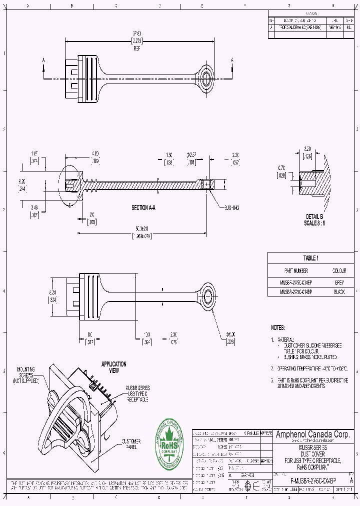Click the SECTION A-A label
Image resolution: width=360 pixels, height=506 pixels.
(x=143, y=207)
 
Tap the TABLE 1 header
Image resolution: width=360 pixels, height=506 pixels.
(x=310, y=258)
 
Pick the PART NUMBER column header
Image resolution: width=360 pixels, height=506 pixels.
(x=296, y=271)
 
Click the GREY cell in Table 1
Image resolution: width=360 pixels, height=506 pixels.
(x=339, y=282)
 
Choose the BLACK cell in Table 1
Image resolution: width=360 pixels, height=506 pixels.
(x=339, y=291)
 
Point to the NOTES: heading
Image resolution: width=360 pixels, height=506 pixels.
(x=278, y=327)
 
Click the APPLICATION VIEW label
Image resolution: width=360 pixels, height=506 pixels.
(x=113, y=367)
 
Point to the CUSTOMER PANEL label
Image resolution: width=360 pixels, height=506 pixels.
(x=131, y=444)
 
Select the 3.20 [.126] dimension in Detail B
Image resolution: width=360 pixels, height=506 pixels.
(x=308, y=152)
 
